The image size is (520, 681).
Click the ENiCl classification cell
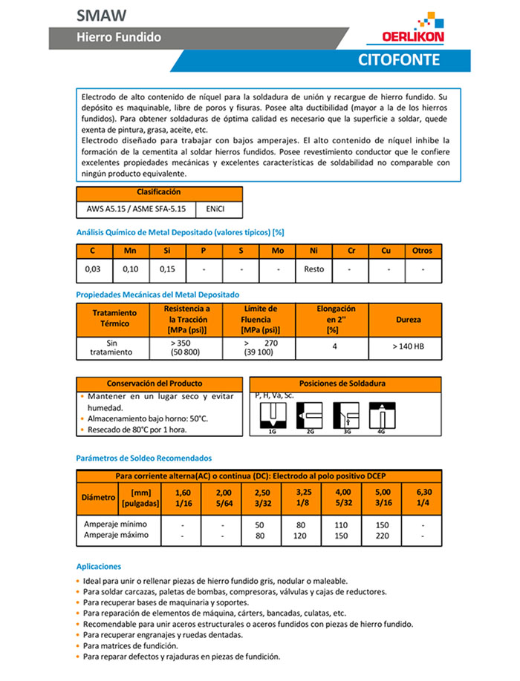pyautogui.click(x=219, y=209)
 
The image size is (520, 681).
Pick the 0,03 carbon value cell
pyautogui.click(x=94, y=269)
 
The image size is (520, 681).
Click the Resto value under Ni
pyautogui.click(x=313, y=269)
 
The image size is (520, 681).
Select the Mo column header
pyautogui.click(x=277, y=251)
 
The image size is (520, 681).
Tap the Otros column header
pyautogui.click(x=422, y=251)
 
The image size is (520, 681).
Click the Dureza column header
pyautogui.click(x=408, y=320)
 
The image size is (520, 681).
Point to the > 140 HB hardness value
pyautogui.click(x=408, y=346)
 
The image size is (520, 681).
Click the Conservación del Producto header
pyautogui.click(x=160, y=384)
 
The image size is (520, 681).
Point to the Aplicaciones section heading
pyautogui.click(x=99, y=566)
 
